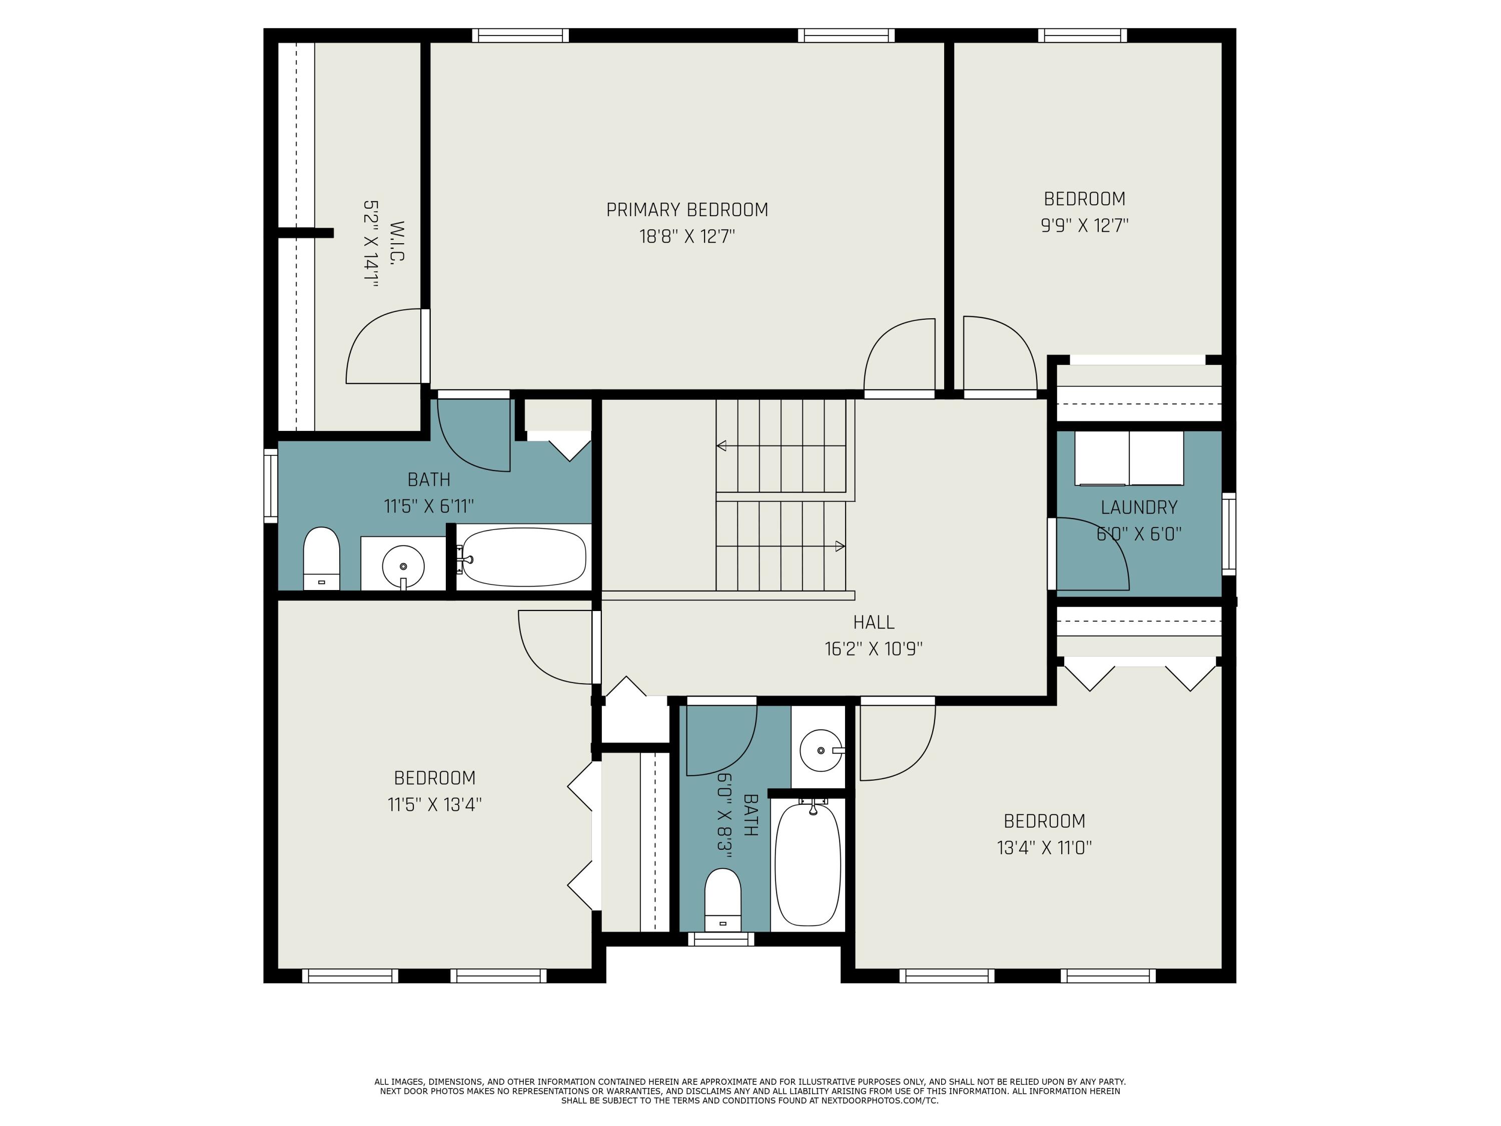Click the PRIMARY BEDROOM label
click(687, 210)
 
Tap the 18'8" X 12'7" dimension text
click(687, 237)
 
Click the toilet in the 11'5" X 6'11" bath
click(321, 558)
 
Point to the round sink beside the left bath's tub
click(403, 566)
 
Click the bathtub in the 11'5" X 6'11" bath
click(523, 557)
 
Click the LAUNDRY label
click(1139, 507)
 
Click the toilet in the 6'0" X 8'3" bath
click(722, 900)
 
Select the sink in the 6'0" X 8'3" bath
click(821, 751)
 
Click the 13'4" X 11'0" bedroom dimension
click(1044, 848)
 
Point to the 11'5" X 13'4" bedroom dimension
click(434, 805)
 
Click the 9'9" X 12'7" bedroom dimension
click(1084, 225)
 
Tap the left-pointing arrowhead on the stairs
click(721, 446)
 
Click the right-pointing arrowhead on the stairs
click(840, 545)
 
